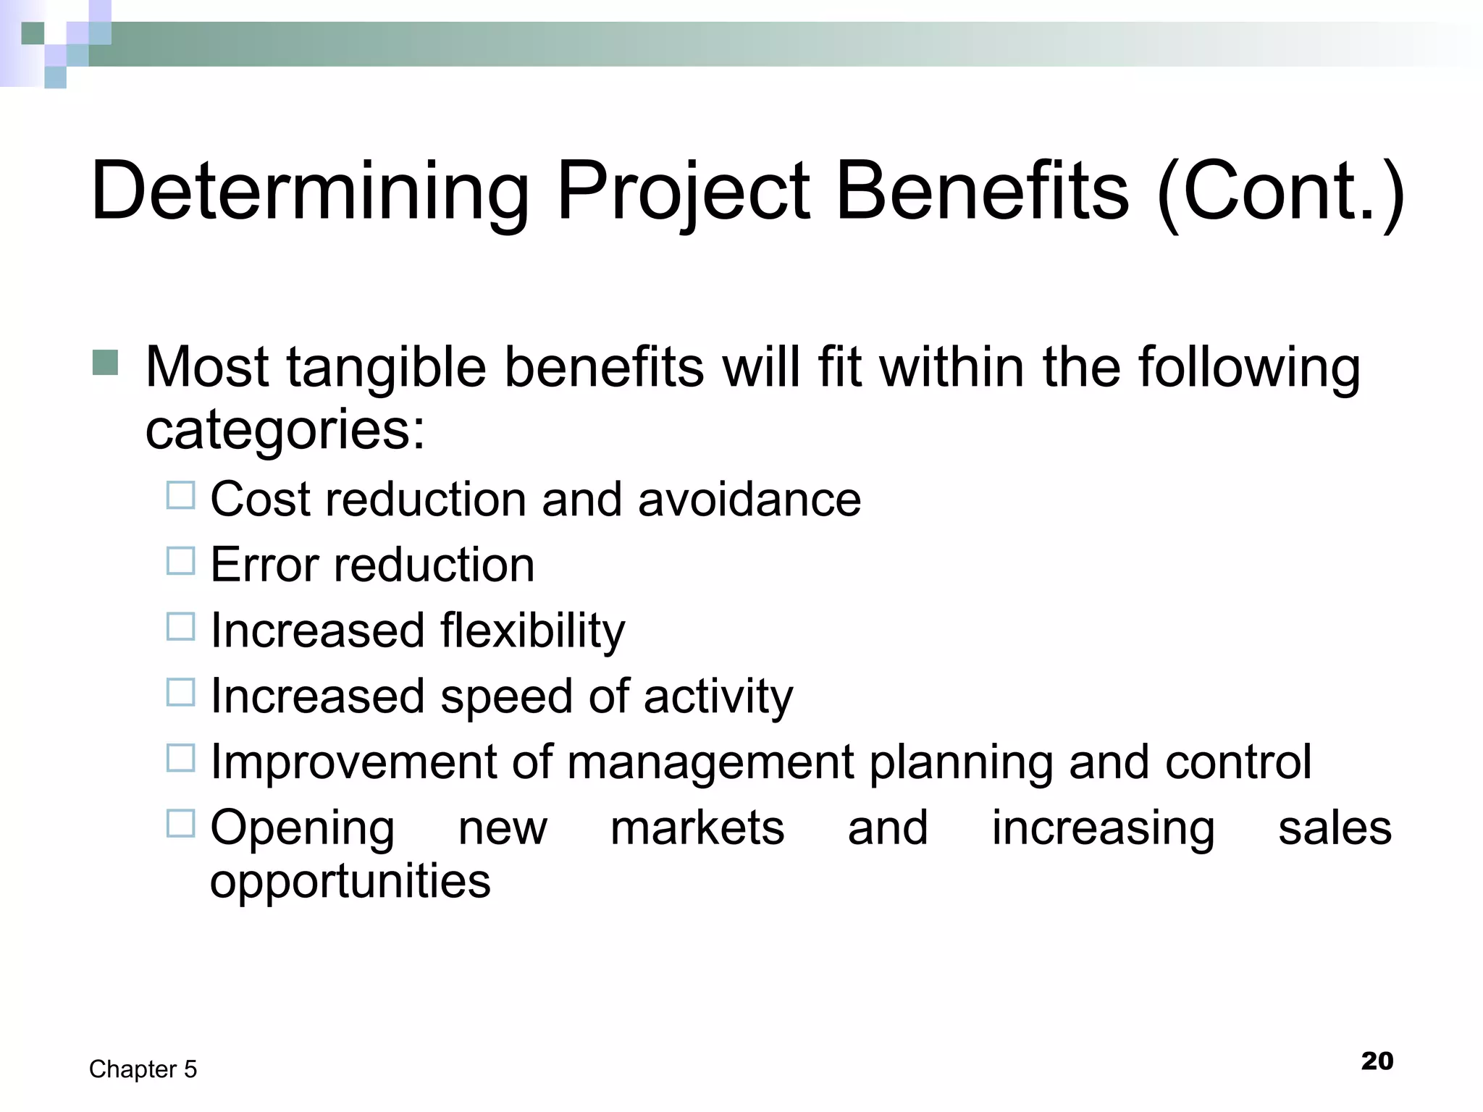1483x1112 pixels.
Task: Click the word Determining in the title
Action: click(310, 192)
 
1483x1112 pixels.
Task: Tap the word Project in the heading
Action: click(683, 192)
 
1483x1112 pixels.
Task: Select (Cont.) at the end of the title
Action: click(1280, 192)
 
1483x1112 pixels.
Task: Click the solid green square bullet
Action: click(106, 363)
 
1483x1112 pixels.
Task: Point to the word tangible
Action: click(387, 368)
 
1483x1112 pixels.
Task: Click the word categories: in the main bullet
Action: click(285, 429)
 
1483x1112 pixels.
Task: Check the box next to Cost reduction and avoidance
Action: click(181, 496)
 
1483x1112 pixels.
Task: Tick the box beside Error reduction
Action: click(181, 561)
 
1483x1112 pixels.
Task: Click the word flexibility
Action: click(532, 631)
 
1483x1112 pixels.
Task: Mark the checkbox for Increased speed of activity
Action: click(181, 693)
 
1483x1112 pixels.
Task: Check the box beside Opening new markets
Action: click(181, 824)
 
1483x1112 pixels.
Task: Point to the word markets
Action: click(697, 828)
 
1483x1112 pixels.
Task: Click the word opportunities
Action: click(350, 882)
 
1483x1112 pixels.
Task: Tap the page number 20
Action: click(1377, 1061)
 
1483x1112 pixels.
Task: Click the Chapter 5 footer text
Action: click(143, 1069)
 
